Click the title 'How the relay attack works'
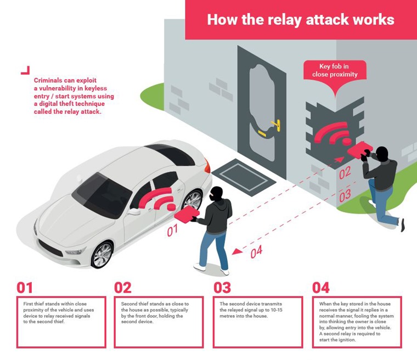(300, 20)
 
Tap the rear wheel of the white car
(193, 201)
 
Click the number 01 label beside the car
(173, 230)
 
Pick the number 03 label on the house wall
(345, 195)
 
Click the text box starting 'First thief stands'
(61, 322)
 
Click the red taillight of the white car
(206, 164)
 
